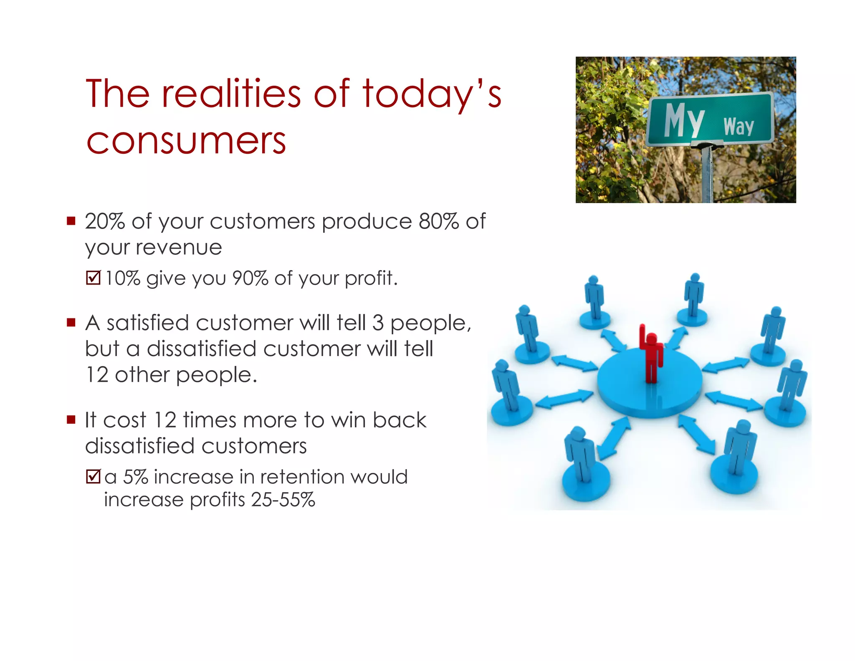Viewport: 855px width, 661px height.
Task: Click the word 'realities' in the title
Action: click(231, 94)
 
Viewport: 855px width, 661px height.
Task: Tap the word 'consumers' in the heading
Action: click(186, 141)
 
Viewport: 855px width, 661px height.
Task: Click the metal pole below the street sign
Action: click(707, 175)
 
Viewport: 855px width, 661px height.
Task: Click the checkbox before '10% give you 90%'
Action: click(93, 277)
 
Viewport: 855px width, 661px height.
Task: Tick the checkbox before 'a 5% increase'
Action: click(93, 476)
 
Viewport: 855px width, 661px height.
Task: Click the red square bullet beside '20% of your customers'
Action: click(71, 220)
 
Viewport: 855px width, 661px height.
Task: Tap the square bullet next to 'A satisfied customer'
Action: click(71, 322)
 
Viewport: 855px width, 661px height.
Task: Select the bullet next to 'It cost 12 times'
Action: click(71, 419)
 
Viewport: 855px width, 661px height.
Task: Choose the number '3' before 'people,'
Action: click(377, 323)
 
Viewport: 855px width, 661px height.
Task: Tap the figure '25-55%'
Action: click(283, 500)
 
